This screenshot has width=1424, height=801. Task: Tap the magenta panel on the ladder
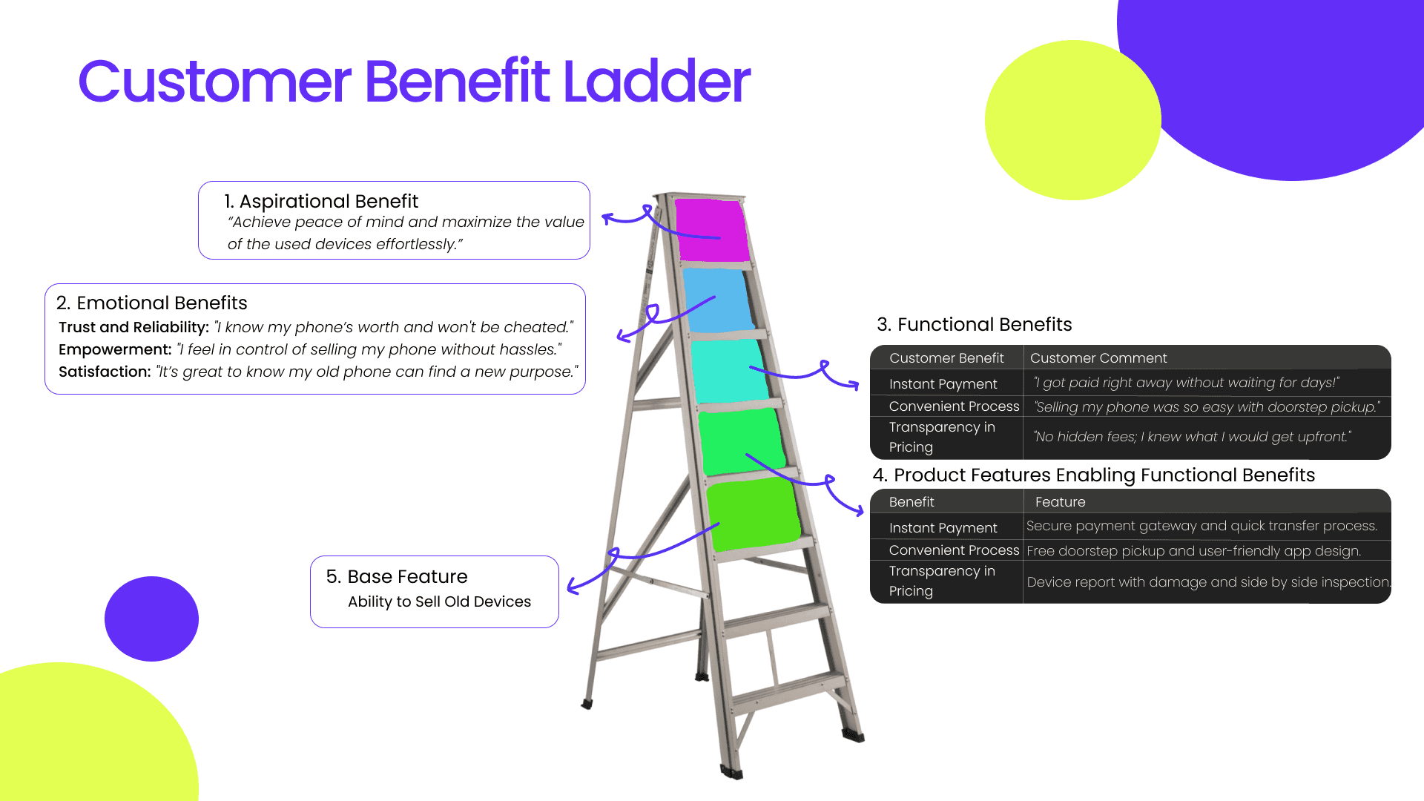coord(711,230)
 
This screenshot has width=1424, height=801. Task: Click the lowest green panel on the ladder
coord(753,514)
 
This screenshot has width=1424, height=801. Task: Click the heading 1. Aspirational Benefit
coord(321,202)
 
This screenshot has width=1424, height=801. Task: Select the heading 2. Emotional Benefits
coord(152,303)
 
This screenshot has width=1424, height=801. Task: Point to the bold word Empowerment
coord(115,349)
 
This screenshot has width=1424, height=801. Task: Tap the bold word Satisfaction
coord(105,372)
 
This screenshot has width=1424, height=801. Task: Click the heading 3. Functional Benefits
coord(974,325)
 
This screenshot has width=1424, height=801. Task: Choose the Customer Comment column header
coord(1098,358)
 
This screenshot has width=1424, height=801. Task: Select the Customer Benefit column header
coord(946,358)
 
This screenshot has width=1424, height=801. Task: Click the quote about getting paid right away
coord(1186,383)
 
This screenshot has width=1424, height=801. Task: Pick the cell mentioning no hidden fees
coord(1193,437)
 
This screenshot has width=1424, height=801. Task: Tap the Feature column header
coord(1060,502)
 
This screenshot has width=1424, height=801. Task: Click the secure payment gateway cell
coord(1201,526)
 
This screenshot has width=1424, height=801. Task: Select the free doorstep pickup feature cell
coord(1193,551)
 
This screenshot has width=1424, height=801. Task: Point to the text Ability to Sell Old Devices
coord(439,601)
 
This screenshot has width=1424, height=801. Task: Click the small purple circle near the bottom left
coord(151,619)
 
